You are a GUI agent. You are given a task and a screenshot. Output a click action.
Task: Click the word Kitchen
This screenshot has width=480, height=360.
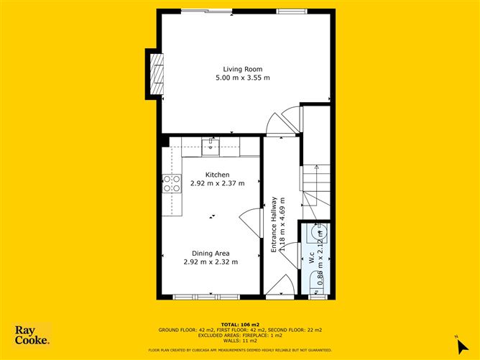click(217, 175)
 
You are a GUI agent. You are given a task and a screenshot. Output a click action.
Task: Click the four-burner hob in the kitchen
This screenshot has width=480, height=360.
click(172, 184)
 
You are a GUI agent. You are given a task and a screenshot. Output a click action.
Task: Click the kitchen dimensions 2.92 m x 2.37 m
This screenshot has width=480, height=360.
click(217, 183)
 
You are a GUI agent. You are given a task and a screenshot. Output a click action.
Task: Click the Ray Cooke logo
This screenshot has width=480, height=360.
click(32, 335)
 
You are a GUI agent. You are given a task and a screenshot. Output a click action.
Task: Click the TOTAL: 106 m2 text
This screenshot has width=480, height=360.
click(240, 324)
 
